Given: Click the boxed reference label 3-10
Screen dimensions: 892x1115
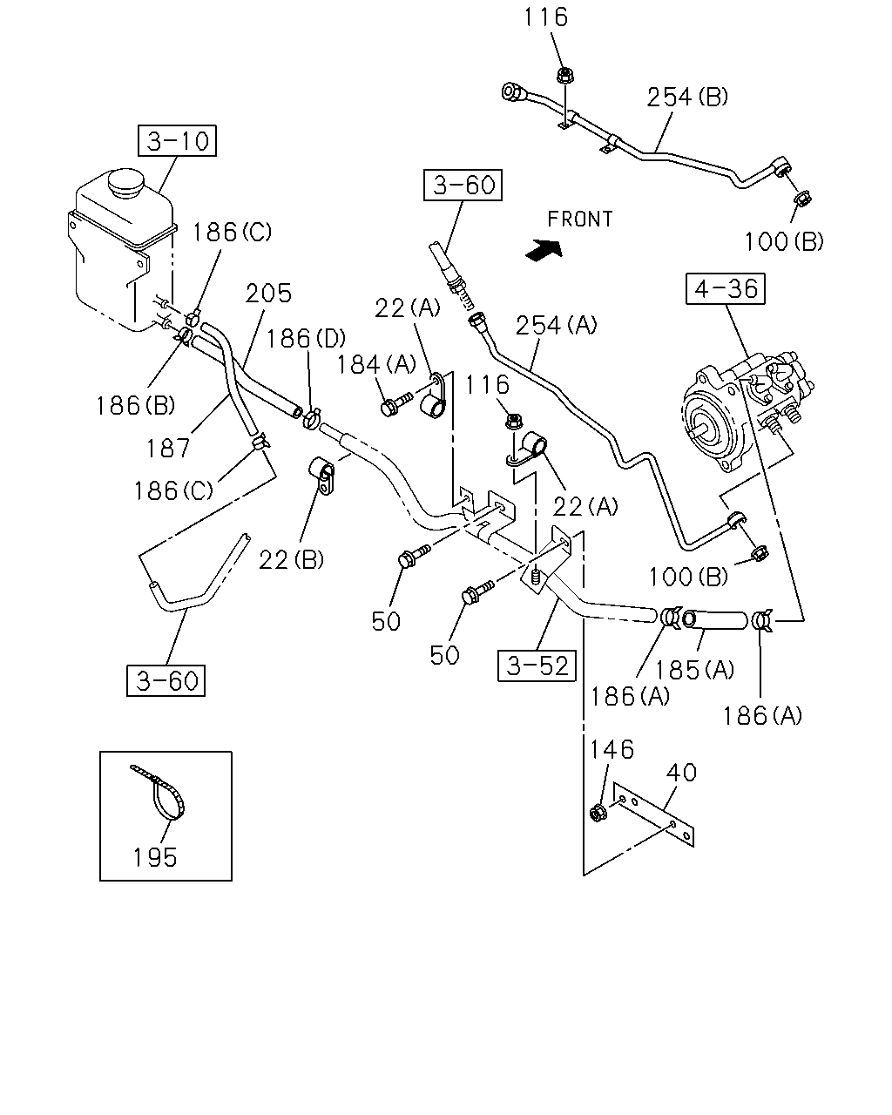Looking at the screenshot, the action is (x=177, y=140).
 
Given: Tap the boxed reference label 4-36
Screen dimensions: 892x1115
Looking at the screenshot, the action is (x=725, y=288).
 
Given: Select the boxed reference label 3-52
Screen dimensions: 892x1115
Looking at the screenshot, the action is (x=537, y=666).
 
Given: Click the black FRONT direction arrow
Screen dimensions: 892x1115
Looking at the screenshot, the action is (x=544, y=250).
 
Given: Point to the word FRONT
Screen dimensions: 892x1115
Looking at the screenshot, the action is (x=580, y=220).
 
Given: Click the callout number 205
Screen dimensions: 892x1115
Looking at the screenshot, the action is (x=268, y=294).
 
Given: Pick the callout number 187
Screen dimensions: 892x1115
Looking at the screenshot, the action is (x=168, y=448).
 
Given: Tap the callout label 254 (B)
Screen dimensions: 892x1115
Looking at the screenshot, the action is (x=687, y=97).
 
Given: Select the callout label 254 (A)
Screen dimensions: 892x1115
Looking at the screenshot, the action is (x=556, y=326).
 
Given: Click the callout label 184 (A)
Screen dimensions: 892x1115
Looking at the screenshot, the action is (x=377, y=365).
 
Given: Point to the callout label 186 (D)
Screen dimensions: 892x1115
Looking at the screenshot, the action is (x=306, y=339).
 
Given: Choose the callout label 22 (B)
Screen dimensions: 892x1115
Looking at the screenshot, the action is (x=291, y=559).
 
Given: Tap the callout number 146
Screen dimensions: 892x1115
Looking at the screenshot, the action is (x=612, y=750).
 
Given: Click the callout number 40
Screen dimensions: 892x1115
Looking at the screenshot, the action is (x=681, y=773).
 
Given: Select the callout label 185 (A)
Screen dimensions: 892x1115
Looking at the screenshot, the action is (x=695, y=670).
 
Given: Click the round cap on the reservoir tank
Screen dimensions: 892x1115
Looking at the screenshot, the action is (x=125, y=182).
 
